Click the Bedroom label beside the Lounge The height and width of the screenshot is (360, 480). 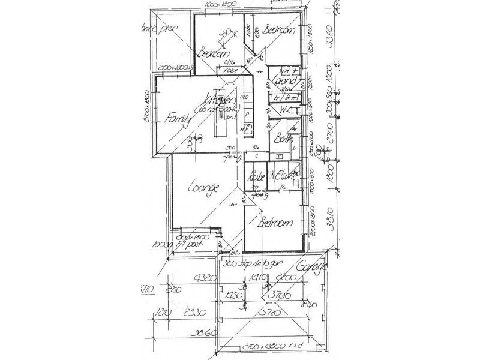(x=275, y=224)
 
